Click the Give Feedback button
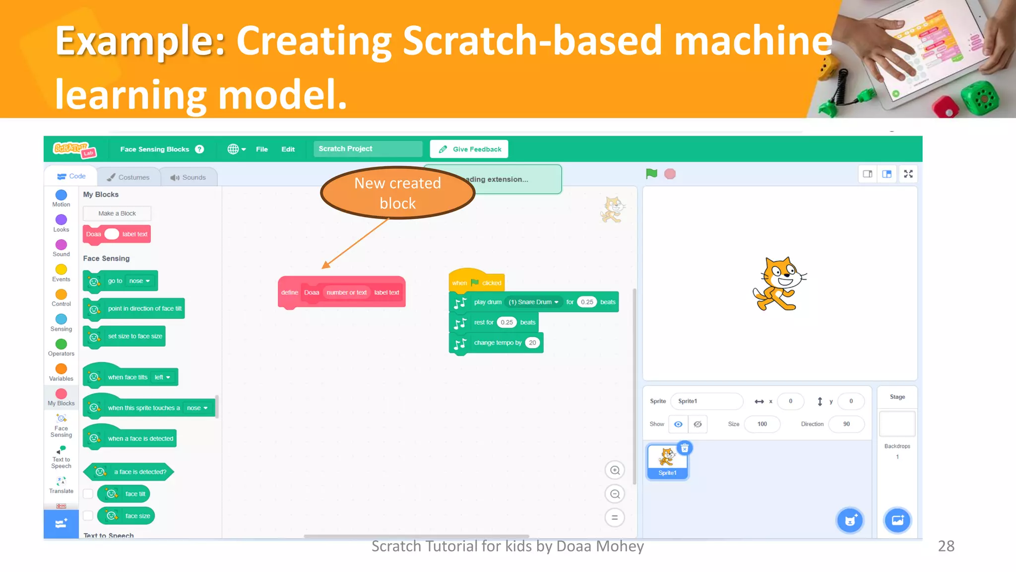click(x=469, y=149)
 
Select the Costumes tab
click(x=128, y=177)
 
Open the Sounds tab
click(x=188, y=177)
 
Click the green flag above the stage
click(x=651, y=174)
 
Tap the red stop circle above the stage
click(x=670, y=174)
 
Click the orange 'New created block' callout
click(x=397, y=193)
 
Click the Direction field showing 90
click(x=846, y=424)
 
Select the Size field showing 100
click(x=762, y=424)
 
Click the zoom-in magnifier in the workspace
click(x=615, y=470)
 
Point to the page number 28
click(x=946, y=546)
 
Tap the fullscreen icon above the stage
click(x=908, y=174)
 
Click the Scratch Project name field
click(x=368, y=149)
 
